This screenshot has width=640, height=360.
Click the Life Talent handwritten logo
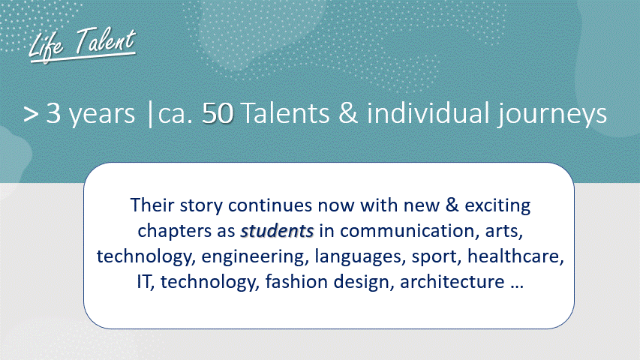point(82,45)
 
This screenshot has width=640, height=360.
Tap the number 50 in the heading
point(218,113)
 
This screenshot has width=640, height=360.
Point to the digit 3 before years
point(53,113)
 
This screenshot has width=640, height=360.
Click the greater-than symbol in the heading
point(31,115)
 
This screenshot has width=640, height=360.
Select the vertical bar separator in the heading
point(150,115)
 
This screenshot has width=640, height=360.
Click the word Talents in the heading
point(285,113)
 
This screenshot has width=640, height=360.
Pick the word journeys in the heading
point(551,114)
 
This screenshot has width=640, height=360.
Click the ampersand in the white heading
point(348,113)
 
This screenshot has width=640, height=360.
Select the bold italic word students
point(277,231)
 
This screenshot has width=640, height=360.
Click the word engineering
point(253,257)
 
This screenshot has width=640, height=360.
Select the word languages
point(360,257)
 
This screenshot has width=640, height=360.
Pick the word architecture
point(452,282)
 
